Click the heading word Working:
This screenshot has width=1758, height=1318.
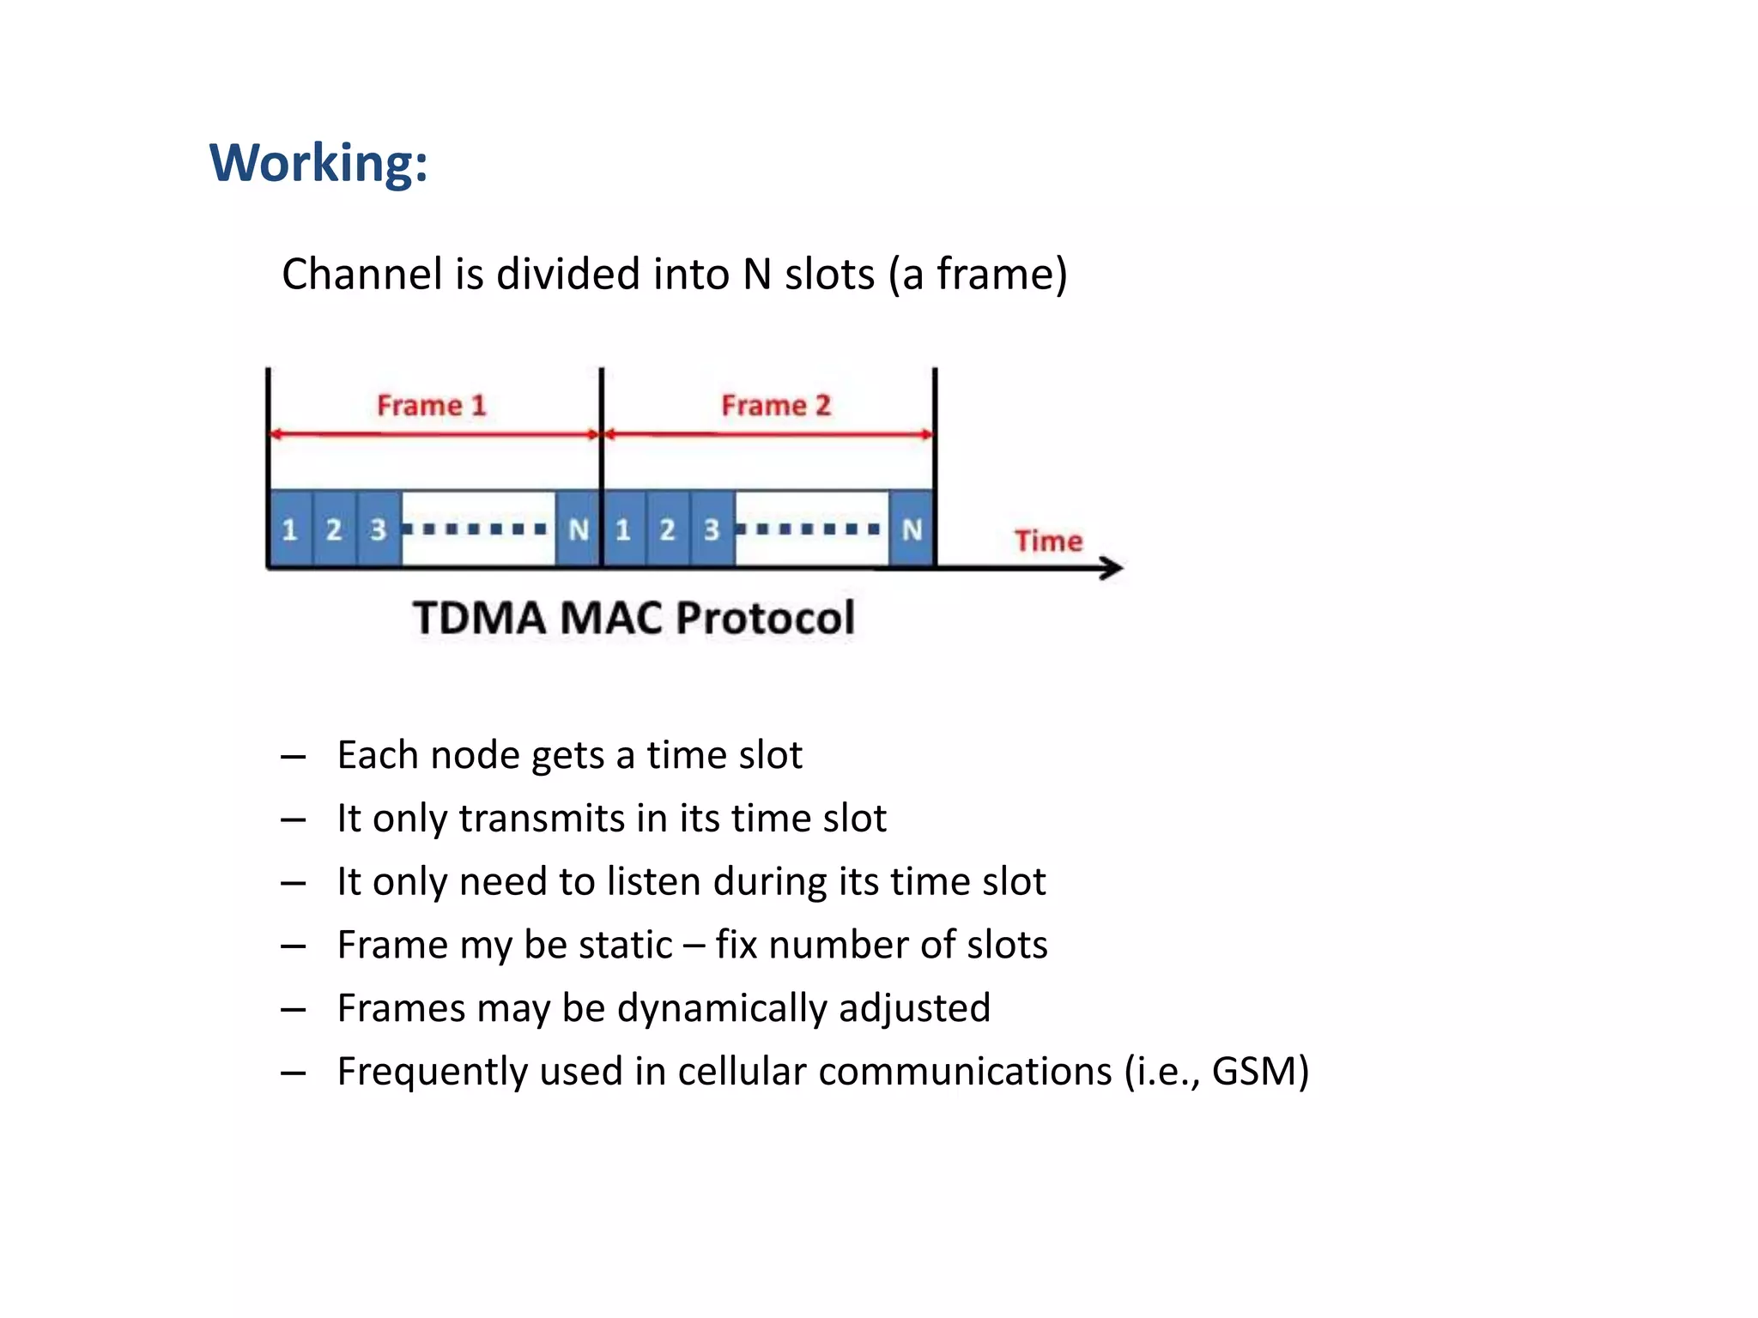click(x=318, y=162)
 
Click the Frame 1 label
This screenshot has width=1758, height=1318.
click(x=432, y=405)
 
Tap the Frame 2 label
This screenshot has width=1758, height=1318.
click(x=776, y=405)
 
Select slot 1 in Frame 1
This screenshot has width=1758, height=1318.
click(x=290, y=529)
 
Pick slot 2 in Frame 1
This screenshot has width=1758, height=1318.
click(x=334, y=529)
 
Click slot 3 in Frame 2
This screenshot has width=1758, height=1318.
click(x=712, y=529)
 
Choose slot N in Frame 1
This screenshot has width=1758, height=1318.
click(x=579, y=529)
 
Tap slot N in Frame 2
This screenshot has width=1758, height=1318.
click(x=912, y=529)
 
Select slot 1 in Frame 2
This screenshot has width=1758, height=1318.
click(x=623, y=529)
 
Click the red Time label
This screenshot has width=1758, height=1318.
click(x=1048, y=541)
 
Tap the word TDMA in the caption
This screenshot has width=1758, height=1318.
click(x=479, y=618)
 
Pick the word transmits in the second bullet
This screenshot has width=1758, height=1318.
click(x=554, y=818)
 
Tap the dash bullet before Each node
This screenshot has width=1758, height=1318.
click(x=293, y=757)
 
